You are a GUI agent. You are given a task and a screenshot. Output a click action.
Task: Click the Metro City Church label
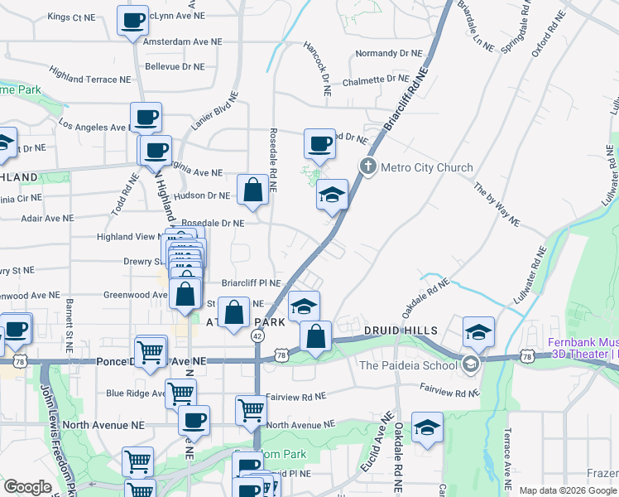426,167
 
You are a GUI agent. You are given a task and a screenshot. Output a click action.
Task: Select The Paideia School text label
408,365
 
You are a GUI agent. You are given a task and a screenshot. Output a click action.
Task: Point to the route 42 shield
257,334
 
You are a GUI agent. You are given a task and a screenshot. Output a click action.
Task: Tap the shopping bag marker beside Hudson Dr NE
252,190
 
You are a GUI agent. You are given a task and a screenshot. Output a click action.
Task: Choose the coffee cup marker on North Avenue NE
194,420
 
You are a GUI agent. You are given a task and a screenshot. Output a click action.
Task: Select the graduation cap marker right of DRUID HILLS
477,332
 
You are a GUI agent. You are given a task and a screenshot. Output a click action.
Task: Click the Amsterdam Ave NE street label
183,41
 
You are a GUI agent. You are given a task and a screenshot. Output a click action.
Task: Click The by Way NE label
497,205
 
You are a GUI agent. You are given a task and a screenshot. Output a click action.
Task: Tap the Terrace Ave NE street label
508,457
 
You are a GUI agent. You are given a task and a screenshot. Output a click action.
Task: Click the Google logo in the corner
27,487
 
